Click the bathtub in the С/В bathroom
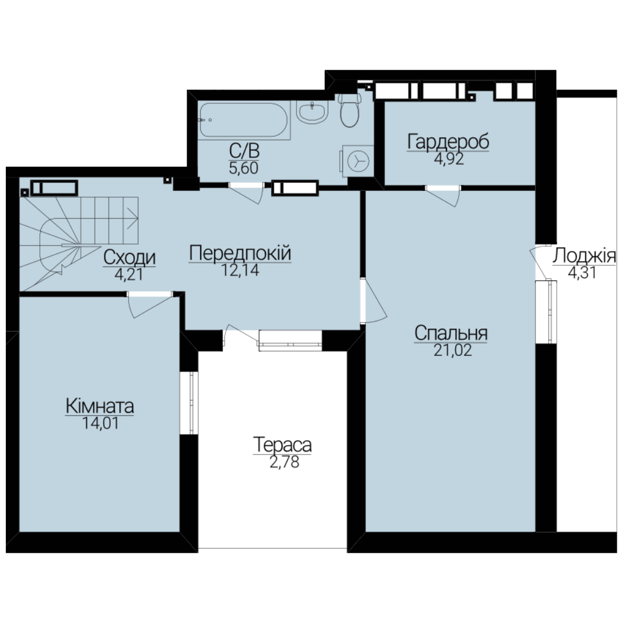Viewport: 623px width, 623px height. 243,121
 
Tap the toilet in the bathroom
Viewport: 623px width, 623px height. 349,110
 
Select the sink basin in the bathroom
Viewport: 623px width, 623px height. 312,112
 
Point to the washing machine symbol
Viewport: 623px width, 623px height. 357,160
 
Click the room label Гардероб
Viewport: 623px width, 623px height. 448,142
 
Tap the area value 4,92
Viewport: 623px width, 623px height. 449,159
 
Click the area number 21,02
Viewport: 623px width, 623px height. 453,351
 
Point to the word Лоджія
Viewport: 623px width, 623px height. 584,256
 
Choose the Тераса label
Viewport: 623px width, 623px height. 282,445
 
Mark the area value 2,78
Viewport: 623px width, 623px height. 284,462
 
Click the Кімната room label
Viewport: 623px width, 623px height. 100,406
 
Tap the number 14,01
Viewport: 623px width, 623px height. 100,423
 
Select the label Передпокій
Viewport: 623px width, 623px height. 240,253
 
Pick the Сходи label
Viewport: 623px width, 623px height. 129,258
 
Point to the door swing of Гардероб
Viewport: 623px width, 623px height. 444,196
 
